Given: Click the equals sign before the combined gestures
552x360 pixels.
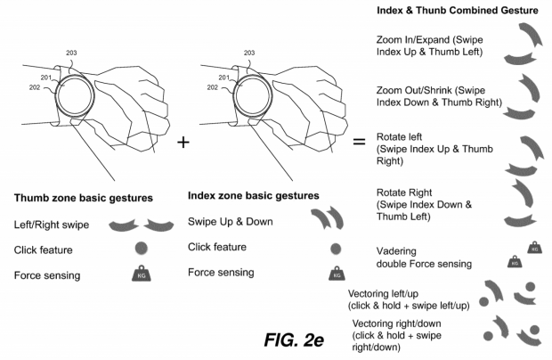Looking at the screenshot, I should (360, 141).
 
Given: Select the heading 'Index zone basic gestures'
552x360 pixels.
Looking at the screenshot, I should (253, 194).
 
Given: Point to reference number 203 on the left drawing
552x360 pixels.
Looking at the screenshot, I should (72, 53).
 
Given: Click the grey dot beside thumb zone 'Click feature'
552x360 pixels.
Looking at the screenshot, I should (141, 250).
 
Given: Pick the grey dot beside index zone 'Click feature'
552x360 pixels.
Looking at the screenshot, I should (335, 250).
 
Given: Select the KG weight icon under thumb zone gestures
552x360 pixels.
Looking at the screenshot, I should (141, 275).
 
